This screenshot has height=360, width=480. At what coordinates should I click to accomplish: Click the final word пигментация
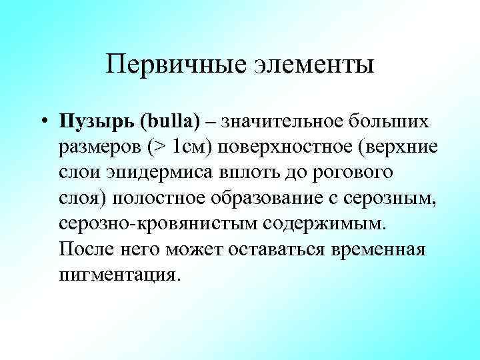click(x=119, y=275)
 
